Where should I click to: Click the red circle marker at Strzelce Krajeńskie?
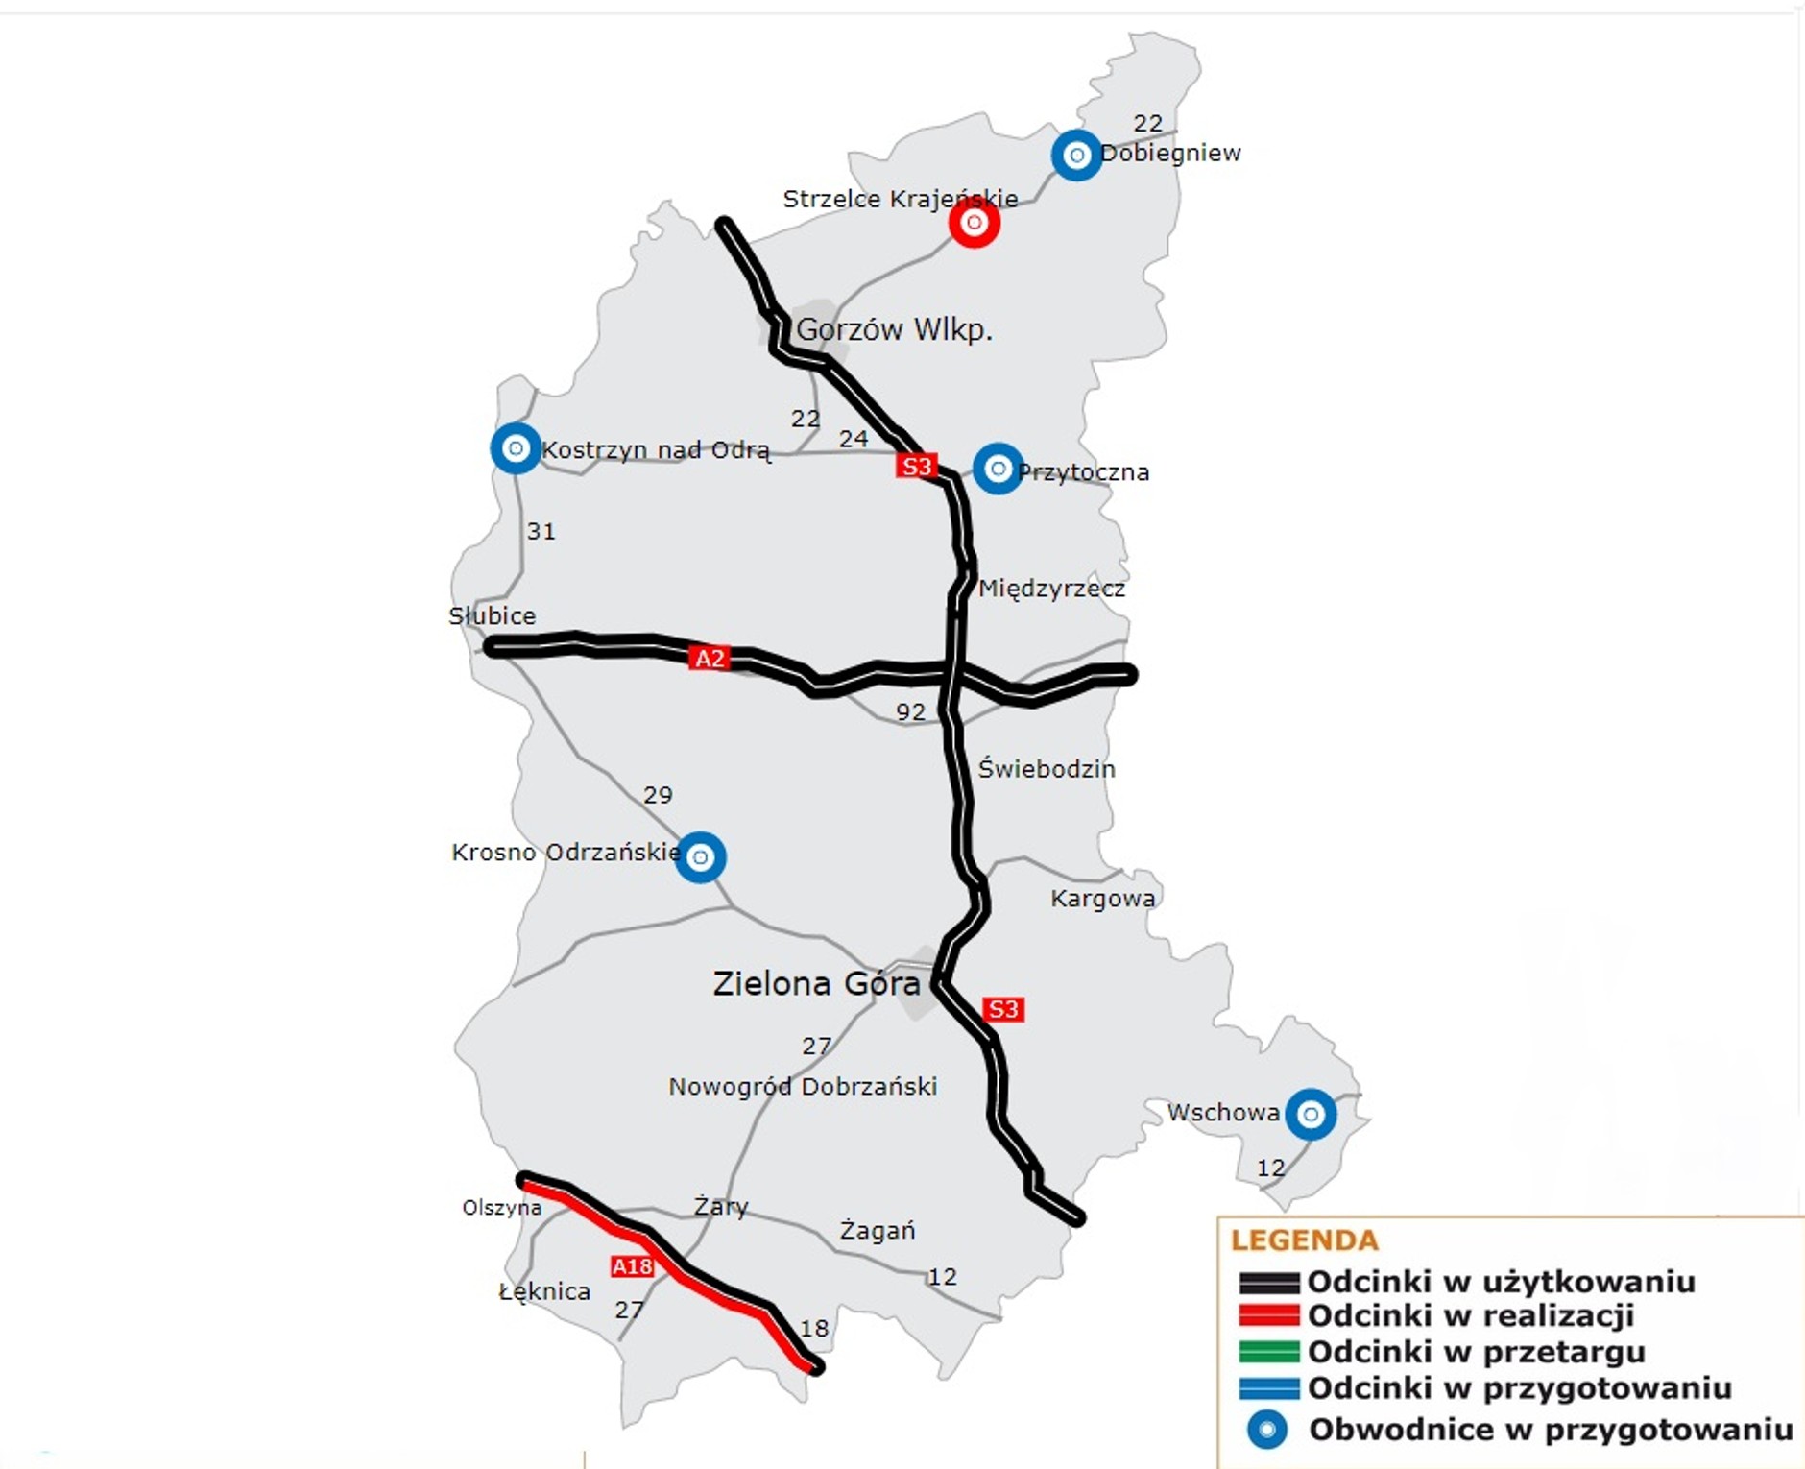coord(974,223)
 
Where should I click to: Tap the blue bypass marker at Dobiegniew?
coord(1076,155)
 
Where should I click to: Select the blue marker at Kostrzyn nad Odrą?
coord(516,448)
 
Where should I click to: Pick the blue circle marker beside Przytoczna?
coord(998,469)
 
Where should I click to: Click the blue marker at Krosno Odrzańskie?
coord(700,856)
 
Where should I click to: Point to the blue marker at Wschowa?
coord(1311,1115)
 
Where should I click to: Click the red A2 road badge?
coord(710,659)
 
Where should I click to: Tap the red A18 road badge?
coord(632,1266)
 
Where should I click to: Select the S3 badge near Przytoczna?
coord(916,467)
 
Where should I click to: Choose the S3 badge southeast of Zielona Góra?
coord(1002,1009)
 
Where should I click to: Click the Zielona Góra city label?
coord(816,984)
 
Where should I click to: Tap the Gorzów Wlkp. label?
coord(894,329)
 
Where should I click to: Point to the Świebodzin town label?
coord(1046,769)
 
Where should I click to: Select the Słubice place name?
coord(492,615)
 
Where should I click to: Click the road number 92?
coord(910,712)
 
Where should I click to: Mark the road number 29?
coord(658,795)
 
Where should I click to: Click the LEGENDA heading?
coord(1304,1240)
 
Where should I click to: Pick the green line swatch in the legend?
coord(1268,1352)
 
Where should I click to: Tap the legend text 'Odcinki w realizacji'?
coord(1470,1315)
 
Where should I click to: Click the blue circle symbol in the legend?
coord(1267,1430)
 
